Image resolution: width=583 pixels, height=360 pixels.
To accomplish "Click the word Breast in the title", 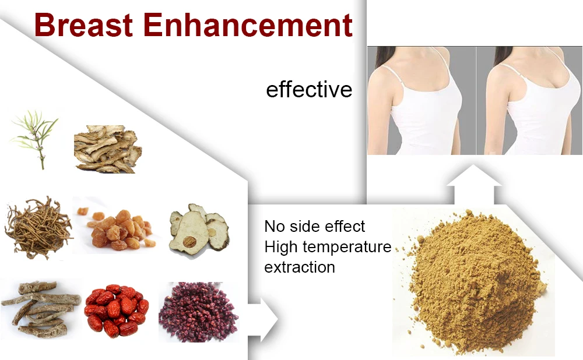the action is (83, 25).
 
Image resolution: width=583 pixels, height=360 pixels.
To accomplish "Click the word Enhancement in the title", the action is (248, 25).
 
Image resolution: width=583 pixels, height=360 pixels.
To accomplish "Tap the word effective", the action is (309, 90).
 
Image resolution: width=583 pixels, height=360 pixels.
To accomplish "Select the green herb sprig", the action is (34, 139).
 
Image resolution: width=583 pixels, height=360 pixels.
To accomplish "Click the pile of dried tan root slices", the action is (108, 149).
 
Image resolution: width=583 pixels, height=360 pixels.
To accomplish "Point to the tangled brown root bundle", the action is (38, 228).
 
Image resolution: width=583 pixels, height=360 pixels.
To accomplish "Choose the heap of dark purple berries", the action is (198, 312).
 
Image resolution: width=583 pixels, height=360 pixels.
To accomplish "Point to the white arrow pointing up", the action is (473, 184).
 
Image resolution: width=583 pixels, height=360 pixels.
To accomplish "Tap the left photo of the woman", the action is (422, 100).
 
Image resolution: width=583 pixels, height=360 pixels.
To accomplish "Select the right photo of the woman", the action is (529, 100).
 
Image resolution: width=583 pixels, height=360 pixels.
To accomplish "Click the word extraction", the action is (300, 267).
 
